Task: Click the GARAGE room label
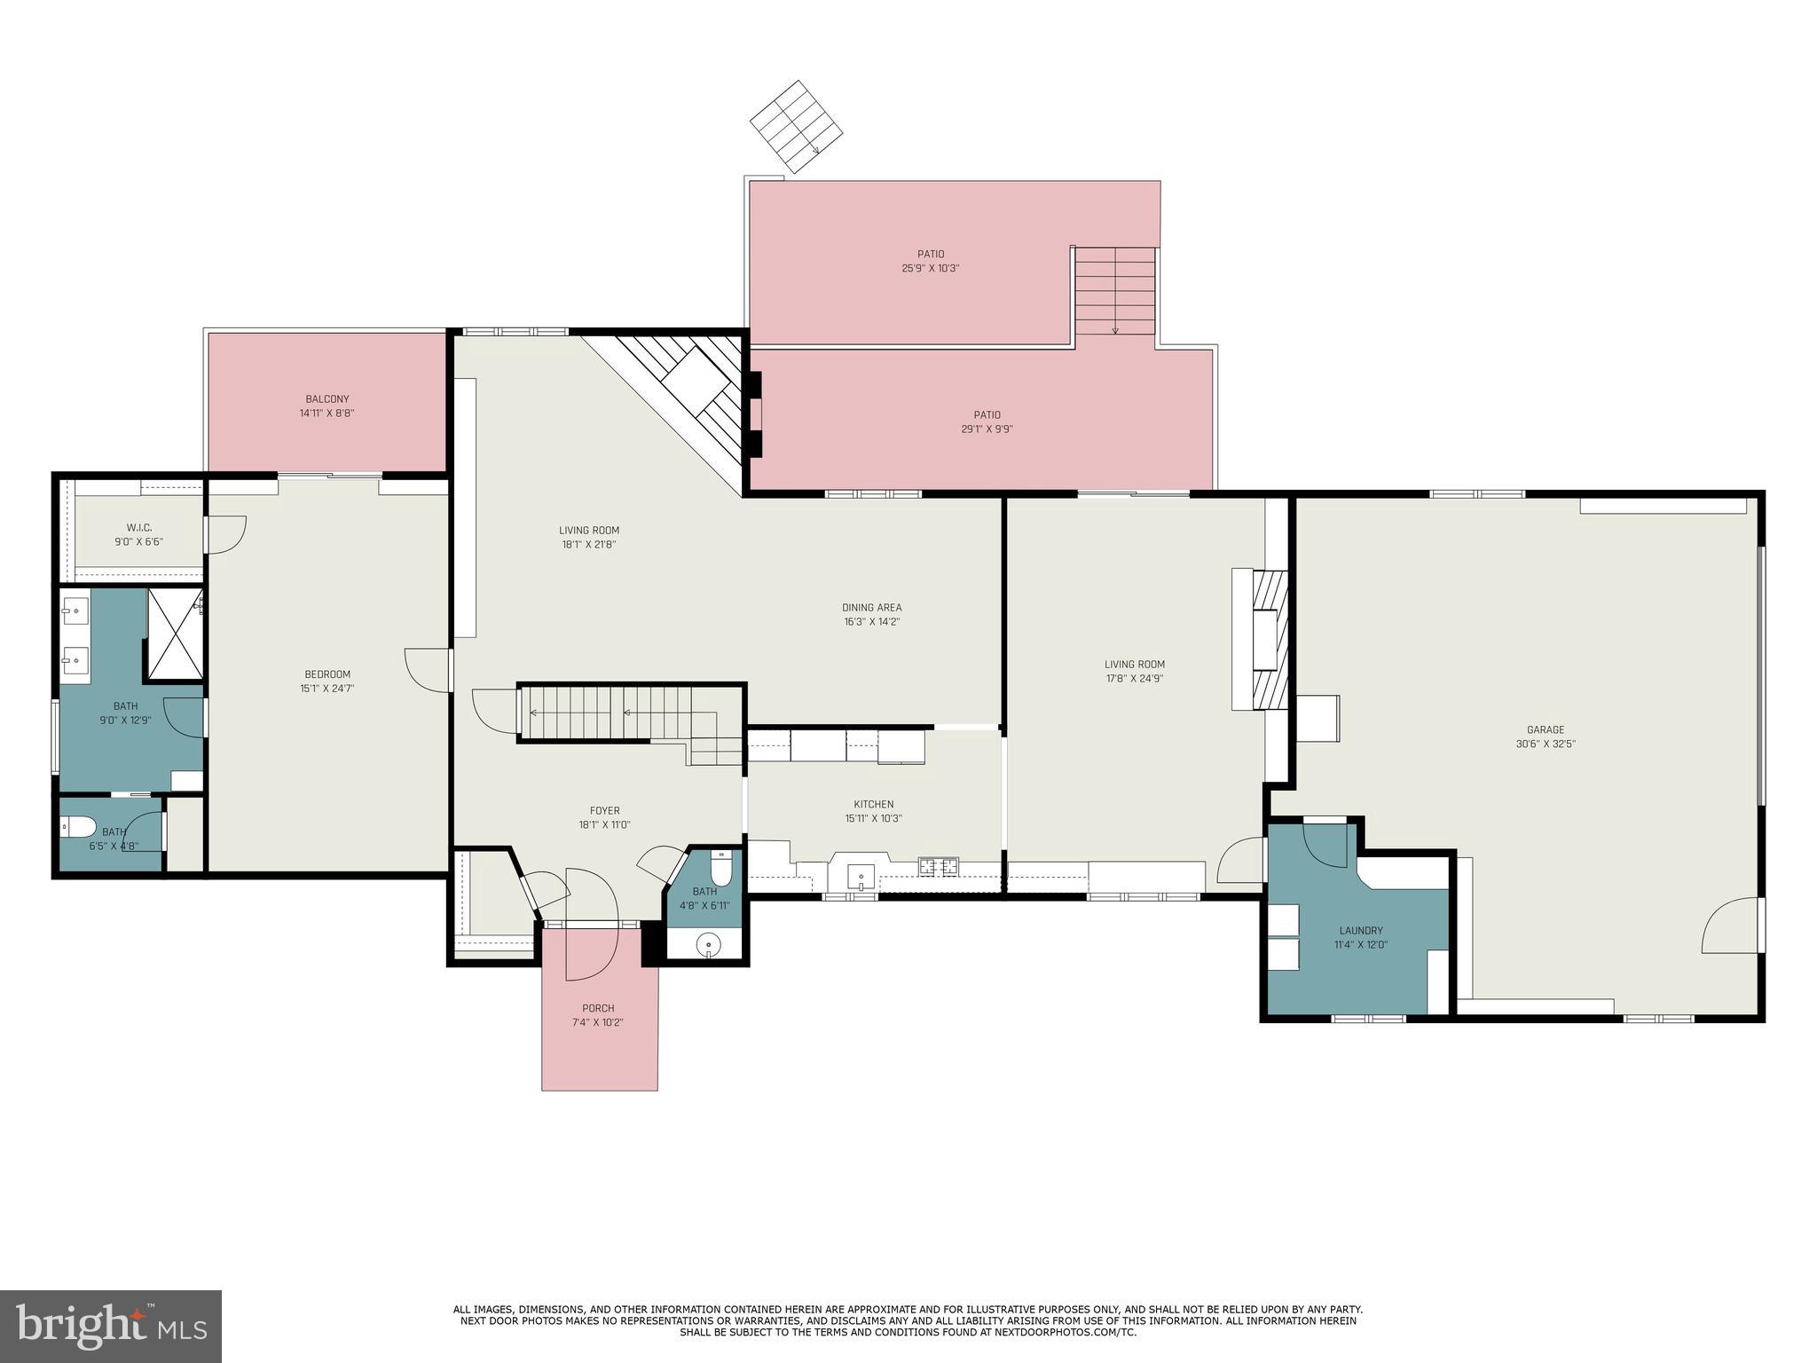point(1545,729)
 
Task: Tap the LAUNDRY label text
point(1360,931)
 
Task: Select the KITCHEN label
point(873,804)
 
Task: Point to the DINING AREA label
point(871,608)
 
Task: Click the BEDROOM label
point(326,674)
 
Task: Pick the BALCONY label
point(326,399)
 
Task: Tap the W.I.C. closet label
point(138,528)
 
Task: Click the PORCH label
point(598,1008)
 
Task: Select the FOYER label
point(604,810)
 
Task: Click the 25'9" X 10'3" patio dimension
point(930,268)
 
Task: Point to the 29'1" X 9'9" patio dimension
point(987,429)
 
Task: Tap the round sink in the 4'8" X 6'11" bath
point(707,944)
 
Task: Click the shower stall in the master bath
point(175,634)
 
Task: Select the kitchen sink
point(860,878)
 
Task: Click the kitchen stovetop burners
point(938,865)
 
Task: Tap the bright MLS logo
point(110,1326)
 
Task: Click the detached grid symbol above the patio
point(795,127)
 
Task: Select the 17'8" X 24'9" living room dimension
point(1134,679)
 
